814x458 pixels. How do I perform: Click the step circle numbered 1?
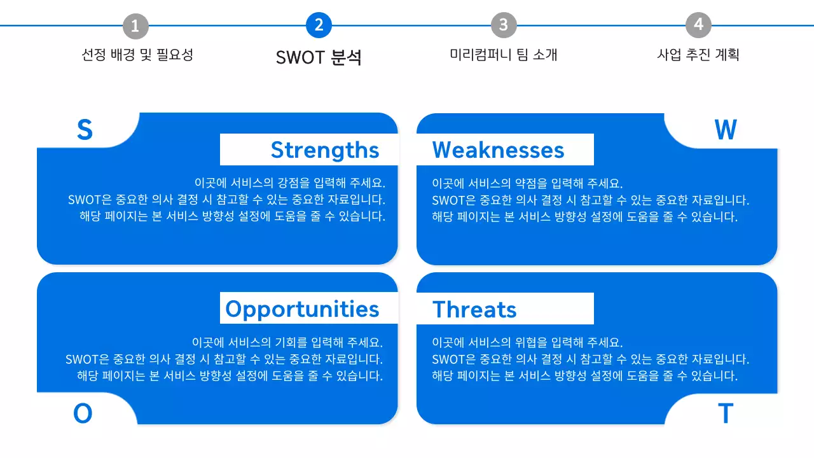pyautogui.click(x=135, y=26)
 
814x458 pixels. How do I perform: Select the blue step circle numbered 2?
pyautogui.click(x=319, y=25)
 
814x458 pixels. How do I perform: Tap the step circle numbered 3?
pyautogui.click(x=504, y=25)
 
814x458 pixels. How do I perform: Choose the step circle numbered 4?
pyautogui.click(x=698, y=25)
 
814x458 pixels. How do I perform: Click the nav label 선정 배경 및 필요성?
pyautogui.click(x=137, y=55)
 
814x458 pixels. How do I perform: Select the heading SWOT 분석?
pyautogui.click(x=319, y=57)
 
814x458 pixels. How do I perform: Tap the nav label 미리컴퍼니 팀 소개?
pyautogui.click(x=504, y=55)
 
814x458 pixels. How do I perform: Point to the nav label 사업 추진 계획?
pyautogui.click(x=698, y=55)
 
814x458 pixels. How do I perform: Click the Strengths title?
pyautogui.click(x=324, y=149)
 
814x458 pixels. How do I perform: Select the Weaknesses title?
pyautogui.click(x=498, y=149)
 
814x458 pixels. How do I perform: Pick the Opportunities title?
pyautogui.click(x=302, y=309)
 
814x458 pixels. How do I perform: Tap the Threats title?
pyautogui.click(x=474, y=309)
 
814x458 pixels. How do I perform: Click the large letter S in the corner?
pyautogui.click(x=85, y=130)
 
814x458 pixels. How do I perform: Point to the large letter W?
pyautogui.click(x=725, y=130)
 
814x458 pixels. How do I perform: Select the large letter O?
pyautogui.click(x=83, y=413)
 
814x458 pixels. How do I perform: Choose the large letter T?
pyautogui.click(x=725, y=413)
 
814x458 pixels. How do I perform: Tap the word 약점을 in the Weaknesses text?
pyautogui.click(x=533, y=183)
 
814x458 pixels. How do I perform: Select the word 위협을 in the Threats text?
pyautogui.click(x=533, y=342)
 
